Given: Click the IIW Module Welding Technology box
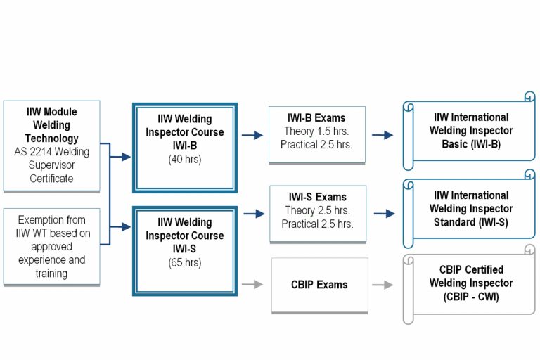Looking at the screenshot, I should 51,146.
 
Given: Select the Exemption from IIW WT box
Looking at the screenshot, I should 51,246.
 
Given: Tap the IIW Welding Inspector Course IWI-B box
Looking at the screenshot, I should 185,147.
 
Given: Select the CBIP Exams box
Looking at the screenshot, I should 319,285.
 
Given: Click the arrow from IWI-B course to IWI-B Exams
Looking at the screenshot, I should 252,134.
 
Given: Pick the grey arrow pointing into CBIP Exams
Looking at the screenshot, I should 253,285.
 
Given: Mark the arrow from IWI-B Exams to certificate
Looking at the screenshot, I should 382,135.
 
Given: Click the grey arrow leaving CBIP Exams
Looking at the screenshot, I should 382,285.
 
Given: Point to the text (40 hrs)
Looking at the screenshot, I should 185,160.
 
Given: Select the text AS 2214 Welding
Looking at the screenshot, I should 51,152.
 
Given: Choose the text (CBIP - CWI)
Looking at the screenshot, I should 471,297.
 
